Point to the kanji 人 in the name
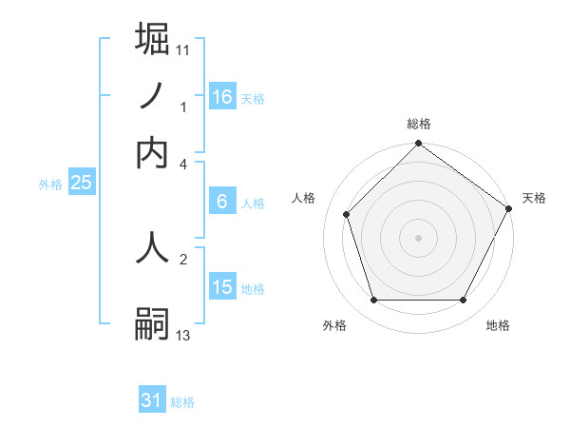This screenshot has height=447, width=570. pos(153,245)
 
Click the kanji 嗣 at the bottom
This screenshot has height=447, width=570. pos(153,323)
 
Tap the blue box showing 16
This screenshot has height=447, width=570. pos(221,96)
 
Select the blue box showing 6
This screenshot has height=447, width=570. pos(221,201)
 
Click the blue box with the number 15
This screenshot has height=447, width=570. pos(221,286)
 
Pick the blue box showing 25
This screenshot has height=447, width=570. pos(81,183)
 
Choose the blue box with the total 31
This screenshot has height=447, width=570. pos(152,400)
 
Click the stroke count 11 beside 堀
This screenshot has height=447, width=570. pos(183,49)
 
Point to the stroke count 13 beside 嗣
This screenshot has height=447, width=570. pos(183,335)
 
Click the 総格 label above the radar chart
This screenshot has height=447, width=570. pos(418,125)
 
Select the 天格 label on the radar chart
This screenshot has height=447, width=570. pos(534,198)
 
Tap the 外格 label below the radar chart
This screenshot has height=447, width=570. pos(334,326)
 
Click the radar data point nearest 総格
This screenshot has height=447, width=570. pos(418,145)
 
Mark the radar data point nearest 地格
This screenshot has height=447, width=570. pos(464,301)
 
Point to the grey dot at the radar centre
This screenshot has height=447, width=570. pos(418,237)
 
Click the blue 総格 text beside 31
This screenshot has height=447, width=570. pos(182,402)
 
